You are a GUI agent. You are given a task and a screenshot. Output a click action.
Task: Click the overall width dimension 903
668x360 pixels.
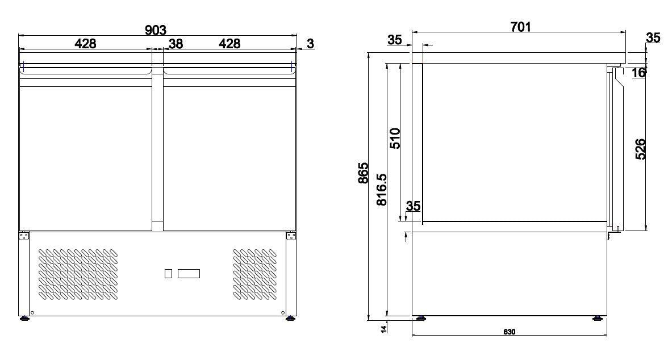(156, 30)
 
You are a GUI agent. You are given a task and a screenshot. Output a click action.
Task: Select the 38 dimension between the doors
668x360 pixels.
(176, 44)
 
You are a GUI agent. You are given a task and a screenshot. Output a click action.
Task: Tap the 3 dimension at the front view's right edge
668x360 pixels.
(311, 44)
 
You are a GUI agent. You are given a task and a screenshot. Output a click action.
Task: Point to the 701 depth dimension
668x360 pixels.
(520, 27)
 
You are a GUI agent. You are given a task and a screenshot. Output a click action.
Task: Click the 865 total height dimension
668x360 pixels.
(364, 173)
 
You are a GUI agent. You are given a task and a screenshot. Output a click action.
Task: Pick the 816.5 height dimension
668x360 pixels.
(382, 190)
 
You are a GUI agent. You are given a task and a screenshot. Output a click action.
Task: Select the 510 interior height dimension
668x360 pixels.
(395, 138)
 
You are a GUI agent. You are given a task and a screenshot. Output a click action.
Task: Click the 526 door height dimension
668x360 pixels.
(641, 149)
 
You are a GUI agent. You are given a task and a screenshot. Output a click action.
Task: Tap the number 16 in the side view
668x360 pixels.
(638, 73)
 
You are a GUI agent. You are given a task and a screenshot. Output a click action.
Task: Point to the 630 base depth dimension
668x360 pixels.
(509, 332)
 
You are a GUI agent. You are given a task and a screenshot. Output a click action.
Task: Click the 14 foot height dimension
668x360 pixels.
(385, 328)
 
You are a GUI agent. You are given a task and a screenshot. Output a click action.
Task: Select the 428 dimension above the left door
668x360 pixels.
(85, 44)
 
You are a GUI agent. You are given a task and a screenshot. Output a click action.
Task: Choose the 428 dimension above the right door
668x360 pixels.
(229, 44)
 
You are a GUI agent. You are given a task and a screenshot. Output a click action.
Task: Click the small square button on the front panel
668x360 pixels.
(168, 274)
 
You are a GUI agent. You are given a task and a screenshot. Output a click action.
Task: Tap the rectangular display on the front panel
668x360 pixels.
(189, 274)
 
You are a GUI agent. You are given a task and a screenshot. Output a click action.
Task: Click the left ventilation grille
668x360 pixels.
(78, 274)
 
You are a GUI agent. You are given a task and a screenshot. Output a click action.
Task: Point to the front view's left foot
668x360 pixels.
(25, 318)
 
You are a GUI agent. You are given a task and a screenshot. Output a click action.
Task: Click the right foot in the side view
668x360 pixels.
(597, 318)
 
